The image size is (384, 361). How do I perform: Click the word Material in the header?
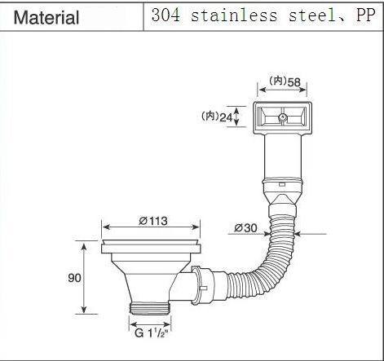(47, 17)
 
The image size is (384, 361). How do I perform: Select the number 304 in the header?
(166, 16)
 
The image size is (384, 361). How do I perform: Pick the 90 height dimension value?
(73, 278)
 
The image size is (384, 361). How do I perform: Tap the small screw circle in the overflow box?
(281, 118)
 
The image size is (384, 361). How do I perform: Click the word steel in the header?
(302, 16)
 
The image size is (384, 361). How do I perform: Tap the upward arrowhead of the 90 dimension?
(85, 244)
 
